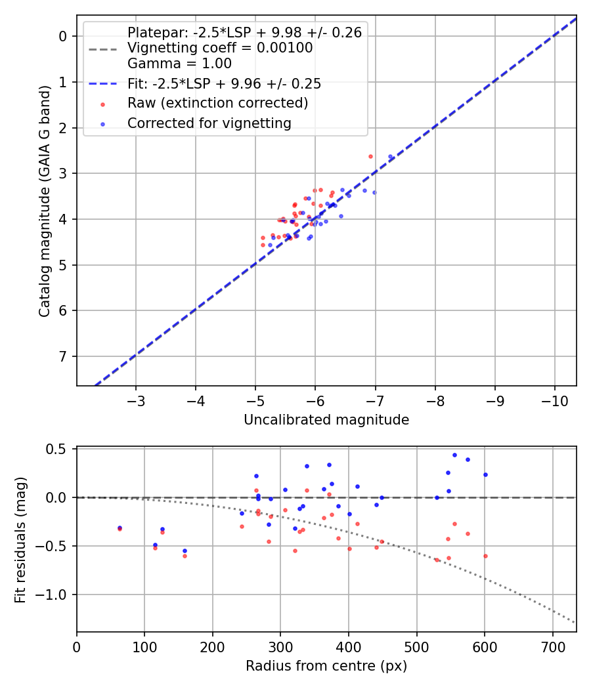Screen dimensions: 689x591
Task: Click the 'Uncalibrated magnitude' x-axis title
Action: point(326,420)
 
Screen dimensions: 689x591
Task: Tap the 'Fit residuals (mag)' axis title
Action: point(21,539)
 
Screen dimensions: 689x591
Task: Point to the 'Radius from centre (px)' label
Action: point(326,666)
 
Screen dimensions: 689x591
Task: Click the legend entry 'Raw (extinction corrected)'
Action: point(217,103)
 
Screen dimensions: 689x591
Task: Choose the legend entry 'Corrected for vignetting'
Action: point(209,123)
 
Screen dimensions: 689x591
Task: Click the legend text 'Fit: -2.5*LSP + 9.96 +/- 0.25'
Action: point(224,84)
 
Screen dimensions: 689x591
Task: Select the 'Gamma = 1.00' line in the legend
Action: point(179,64)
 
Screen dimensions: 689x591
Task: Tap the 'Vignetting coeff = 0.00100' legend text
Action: point(220,48)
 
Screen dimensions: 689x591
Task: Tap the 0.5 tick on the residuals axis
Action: point(59,449)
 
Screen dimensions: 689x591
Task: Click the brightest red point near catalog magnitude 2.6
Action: point(370,156)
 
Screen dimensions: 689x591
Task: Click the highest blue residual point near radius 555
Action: point(454,455)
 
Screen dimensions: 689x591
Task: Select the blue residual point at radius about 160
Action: point(185,551)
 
